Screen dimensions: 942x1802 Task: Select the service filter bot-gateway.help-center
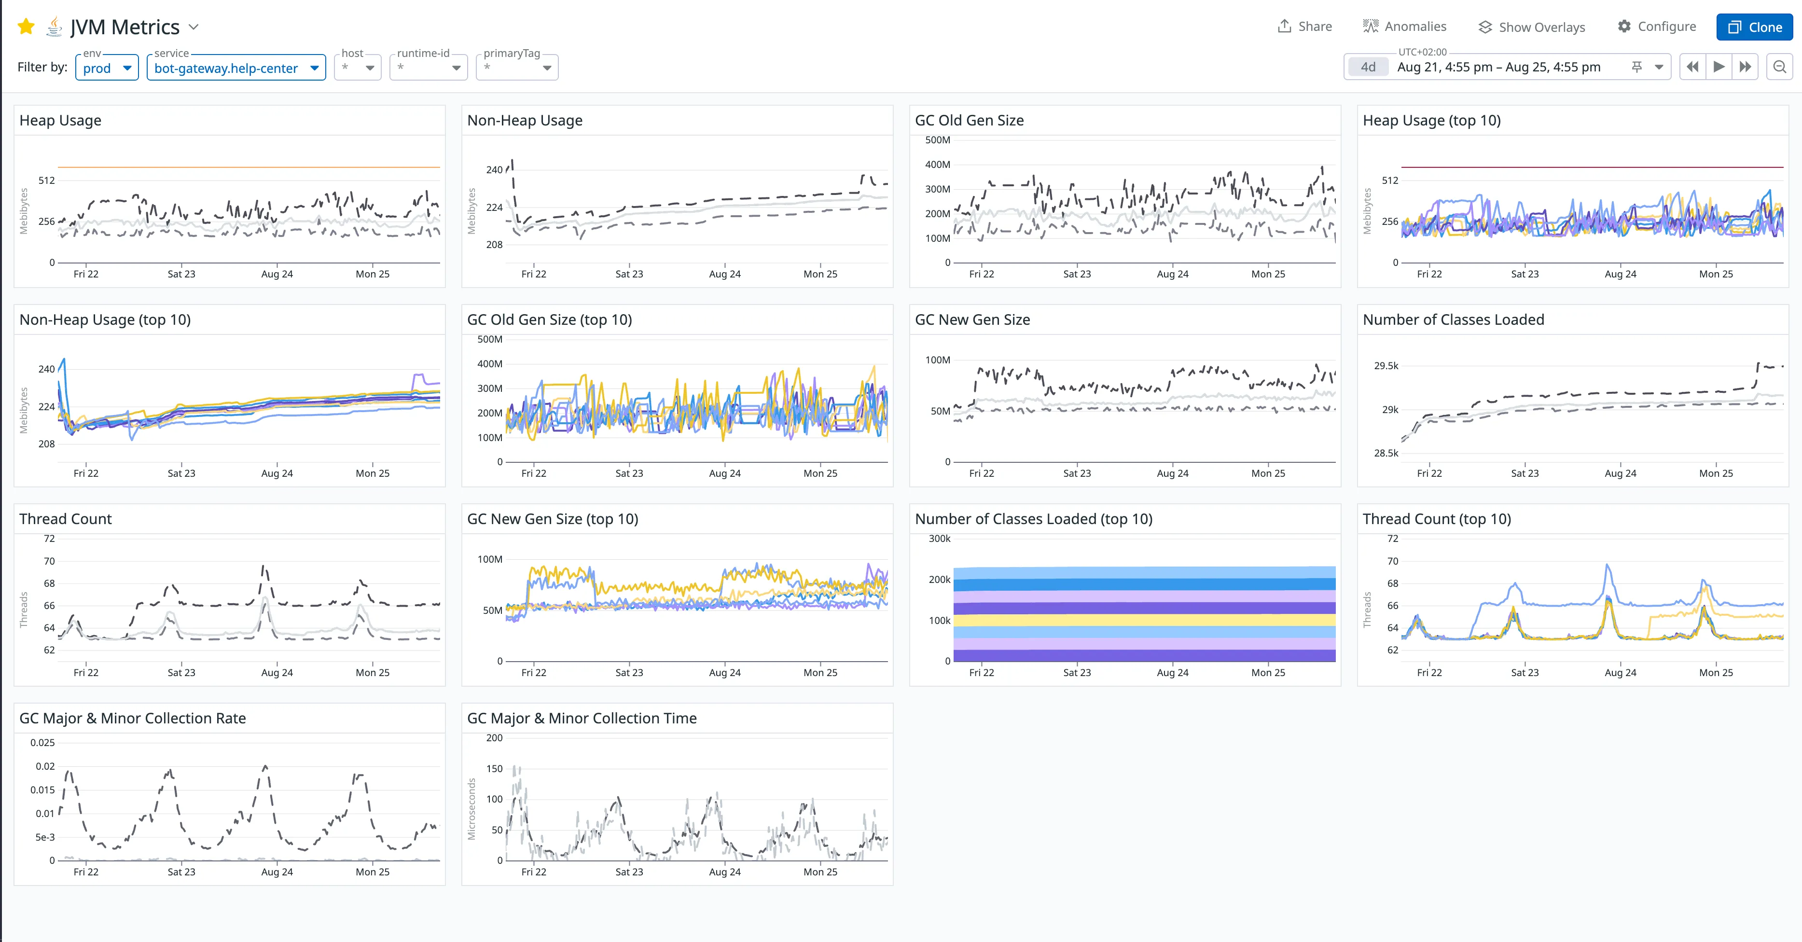click(236, 68)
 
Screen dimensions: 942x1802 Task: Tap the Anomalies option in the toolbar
click(1405, 27)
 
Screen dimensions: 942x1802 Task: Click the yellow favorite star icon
click(27, 27)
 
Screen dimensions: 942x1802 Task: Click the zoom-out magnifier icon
click(1780, 67)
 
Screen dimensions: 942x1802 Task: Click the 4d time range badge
click(1368, 67)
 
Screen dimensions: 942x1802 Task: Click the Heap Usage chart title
click(60, 120)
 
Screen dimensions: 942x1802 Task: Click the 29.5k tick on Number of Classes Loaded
click(1386, 366)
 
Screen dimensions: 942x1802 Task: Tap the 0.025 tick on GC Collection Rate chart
click(42, 743)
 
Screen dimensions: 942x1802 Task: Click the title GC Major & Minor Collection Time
click(582, 718)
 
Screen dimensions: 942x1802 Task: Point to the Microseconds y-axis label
click(471, 809)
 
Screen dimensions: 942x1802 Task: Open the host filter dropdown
click(358, 68)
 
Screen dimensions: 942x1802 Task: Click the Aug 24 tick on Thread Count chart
click(277, 673)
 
